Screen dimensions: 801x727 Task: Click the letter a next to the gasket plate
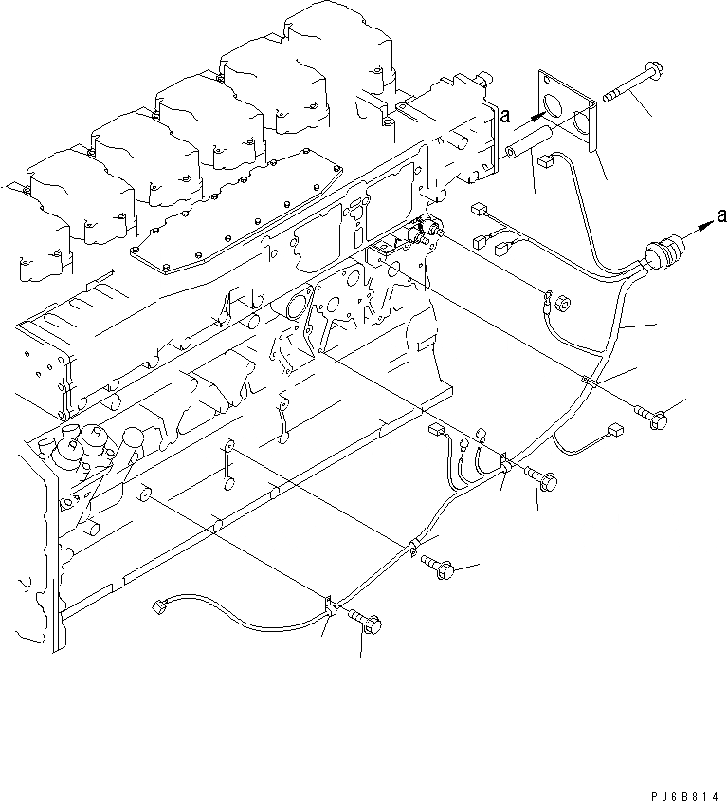point(506,116)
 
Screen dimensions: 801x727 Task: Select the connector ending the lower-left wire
point(158,605)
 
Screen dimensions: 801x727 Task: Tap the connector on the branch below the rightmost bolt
point(615,430)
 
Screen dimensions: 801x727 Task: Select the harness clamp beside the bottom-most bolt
point(327,603)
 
